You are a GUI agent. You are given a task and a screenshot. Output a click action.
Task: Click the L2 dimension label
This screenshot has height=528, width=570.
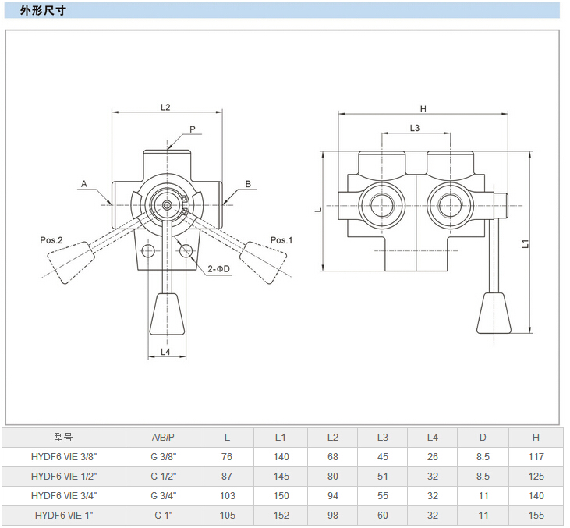click(165, 108)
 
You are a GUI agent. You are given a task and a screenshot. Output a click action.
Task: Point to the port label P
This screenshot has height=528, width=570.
click(192, 129)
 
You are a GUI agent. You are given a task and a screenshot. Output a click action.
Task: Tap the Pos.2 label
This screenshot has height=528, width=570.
click(51, 240)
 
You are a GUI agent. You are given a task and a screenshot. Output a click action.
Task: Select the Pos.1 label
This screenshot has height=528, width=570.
click(281, 240)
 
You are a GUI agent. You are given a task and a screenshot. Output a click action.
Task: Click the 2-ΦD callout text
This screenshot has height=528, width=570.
click(219, 269)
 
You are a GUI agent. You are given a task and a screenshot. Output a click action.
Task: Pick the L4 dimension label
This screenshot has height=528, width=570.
click(165, 353)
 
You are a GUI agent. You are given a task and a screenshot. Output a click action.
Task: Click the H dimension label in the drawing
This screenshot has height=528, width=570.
click(423, 108)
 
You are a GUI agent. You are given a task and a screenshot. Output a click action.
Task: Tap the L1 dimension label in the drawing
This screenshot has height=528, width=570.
click(526, 243)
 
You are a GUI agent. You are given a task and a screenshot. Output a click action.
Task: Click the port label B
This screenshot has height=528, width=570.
click(248, 184)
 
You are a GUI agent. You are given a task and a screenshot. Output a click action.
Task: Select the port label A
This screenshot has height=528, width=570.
click(83, 184)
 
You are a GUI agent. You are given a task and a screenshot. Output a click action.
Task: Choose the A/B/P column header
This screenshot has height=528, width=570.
click(163, 437)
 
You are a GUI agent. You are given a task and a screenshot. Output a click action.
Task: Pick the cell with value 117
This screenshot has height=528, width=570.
click(536, 456)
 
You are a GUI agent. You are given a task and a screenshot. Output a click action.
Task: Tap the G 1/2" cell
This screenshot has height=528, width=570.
click(163, 476)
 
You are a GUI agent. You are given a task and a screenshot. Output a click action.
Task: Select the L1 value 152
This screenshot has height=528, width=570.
click(281, 515)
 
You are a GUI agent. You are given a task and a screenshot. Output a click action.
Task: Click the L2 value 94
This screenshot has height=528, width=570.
click(333, 495)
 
